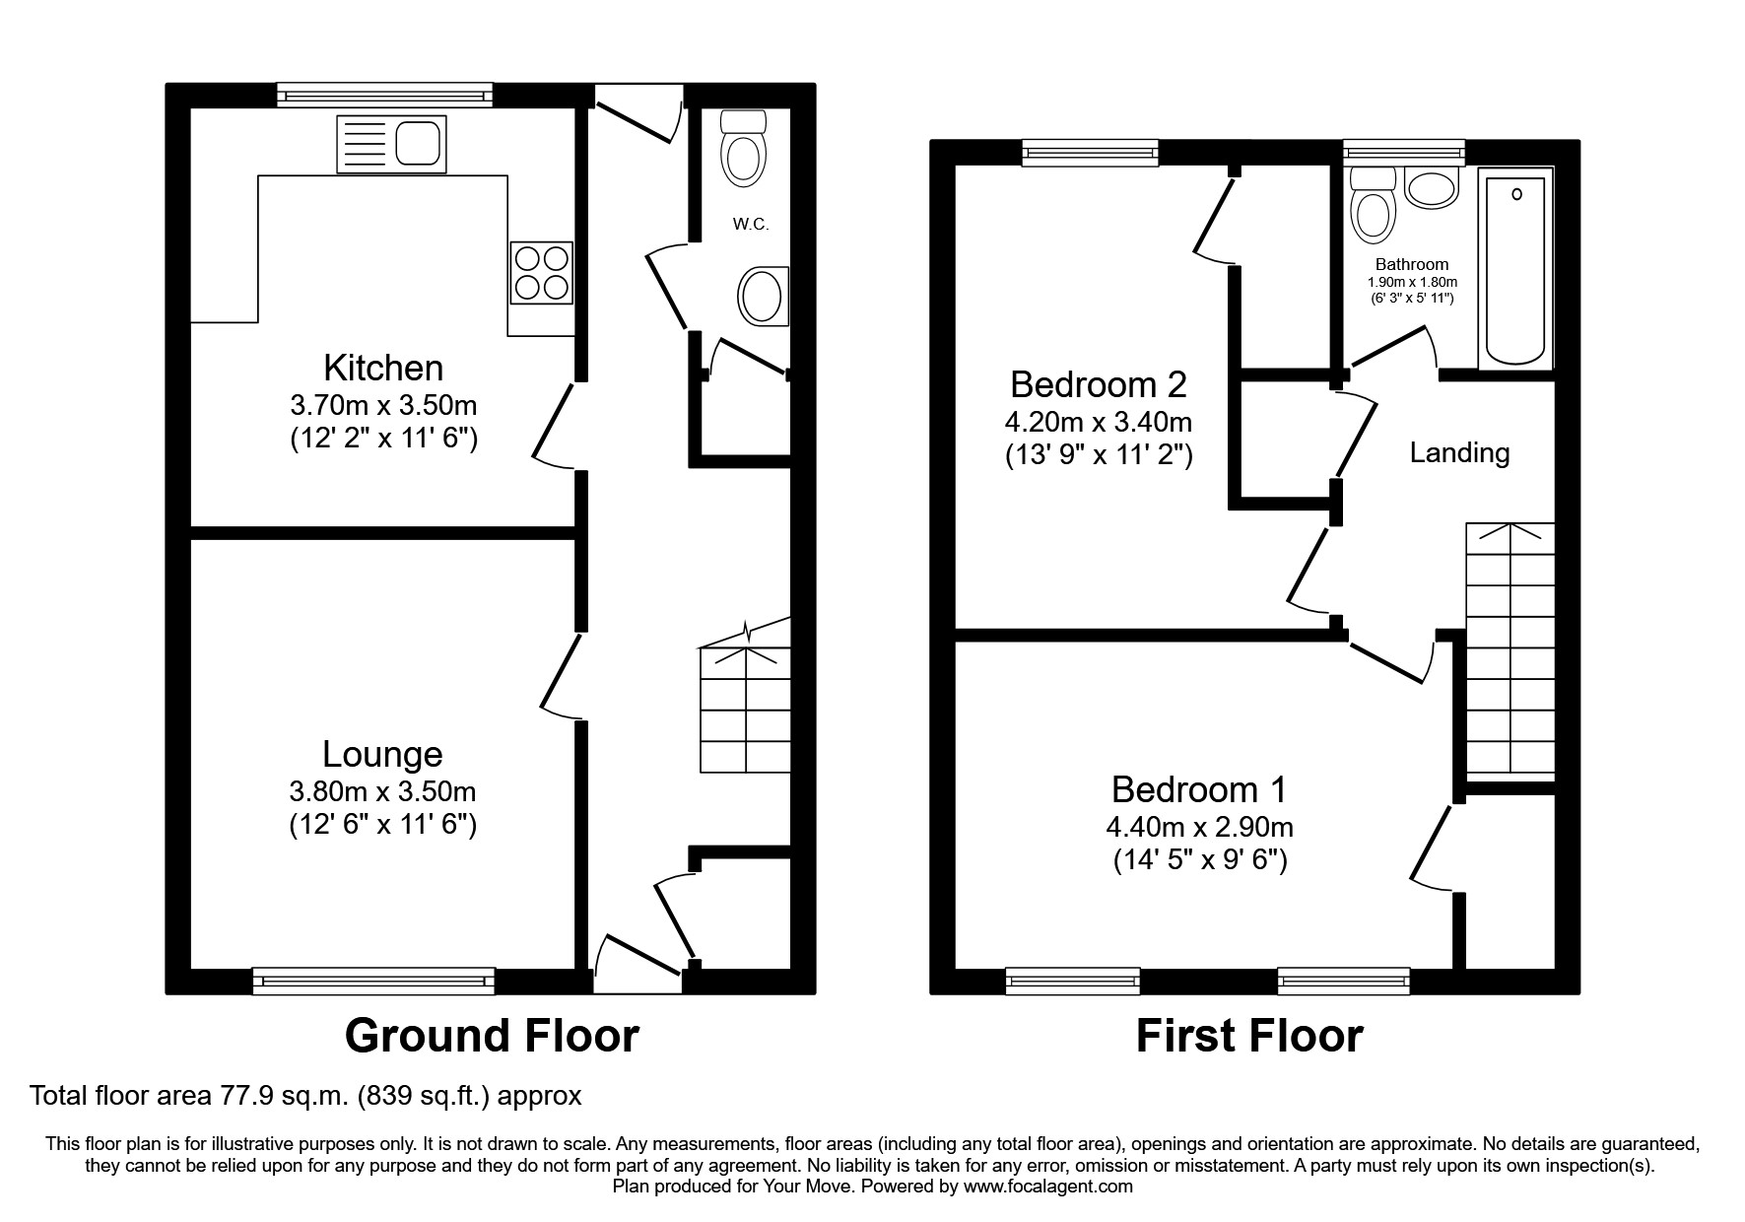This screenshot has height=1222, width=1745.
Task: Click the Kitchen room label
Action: click(383, 368)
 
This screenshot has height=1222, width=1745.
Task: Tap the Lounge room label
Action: click(382, 754)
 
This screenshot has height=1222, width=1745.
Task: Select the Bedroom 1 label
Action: click(1199, 789)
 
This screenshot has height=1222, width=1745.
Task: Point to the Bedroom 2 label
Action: click(1099, 382)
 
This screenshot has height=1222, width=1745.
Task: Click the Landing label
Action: click(1459, 452)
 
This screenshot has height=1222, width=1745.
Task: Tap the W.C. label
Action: click(750, 225)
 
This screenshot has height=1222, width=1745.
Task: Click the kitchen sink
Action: click(391, 145)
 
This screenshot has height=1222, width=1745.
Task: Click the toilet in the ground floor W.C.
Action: click(744, 148)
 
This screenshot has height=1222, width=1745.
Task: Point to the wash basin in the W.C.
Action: click(764, 296)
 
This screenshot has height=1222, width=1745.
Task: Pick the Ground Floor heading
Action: click(492, 1036)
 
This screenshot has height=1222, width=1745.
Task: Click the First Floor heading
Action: click(1249, 1036)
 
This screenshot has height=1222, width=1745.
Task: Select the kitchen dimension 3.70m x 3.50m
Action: click(383, 405)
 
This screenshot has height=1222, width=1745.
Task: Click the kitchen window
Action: click(384, 95)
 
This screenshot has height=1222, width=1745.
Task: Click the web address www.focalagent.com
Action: click(1048, 1187)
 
